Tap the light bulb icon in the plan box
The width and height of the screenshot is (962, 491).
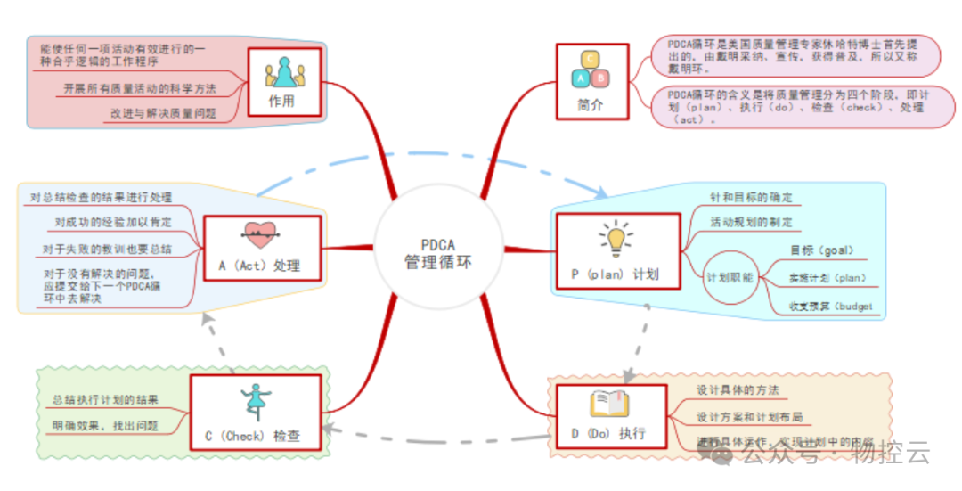pyautogui.click(x=615, y=237)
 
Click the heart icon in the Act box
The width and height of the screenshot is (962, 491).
pyautogui.click(x=259, y=233)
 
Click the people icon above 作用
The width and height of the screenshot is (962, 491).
pyautogui.click(x=281, y=71)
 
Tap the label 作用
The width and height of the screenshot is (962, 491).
pyautogui.click(x=281, y=101)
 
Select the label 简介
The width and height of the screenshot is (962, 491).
pyautogui.click(x=590, y=103)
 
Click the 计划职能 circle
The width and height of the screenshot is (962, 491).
pyautogui.click(x=730, y=277)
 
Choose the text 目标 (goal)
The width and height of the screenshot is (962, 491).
pyautogui.click(x=821, y=250)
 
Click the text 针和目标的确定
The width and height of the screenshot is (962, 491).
pyautogui.click(x=750, y=197)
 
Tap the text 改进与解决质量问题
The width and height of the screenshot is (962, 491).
pyautogui.click(x=164, y=113)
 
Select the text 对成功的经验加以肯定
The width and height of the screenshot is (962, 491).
pyautogui.click(x=112, y=222)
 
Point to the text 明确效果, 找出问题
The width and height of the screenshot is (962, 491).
pyautogui.click(x=105, y=426)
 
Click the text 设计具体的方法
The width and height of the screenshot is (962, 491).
pyautogui.click(x=738, y=390)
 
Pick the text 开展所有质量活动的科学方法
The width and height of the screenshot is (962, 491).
pyautogui.click(x=140, y=89)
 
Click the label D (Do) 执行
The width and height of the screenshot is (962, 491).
pyautogui.click(x=609, y=434)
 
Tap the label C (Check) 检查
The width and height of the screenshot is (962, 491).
pyautogui.click(x=252, y=436)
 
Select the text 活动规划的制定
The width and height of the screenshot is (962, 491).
pyautogui.click(x=750, y=221)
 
